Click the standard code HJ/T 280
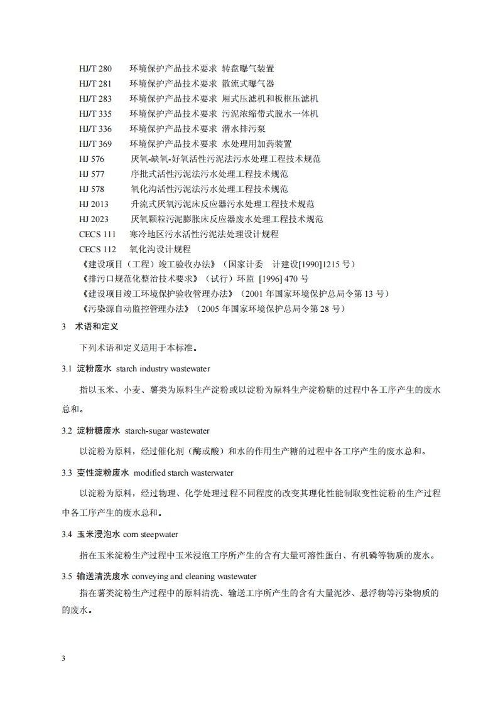(95, 68)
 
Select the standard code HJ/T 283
(95, 99)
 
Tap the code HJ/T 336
(95, 129)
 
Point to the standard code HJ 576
(92, 159)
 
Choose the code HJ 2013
(94, 204)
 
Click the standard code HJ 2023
(94, 219)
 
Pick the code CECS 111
(97, 234)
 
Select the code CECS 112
(97, 249)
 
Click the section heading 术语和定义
(97, 327)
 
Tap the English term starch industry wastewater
(163, 369)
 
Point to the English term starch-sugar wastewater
(167, 431)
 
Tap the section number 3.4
(67, 535)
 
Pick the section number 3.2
(67, 431)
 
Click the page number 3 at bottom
(63, 658)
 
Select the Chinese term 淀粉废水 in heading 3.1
(94, 369)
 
